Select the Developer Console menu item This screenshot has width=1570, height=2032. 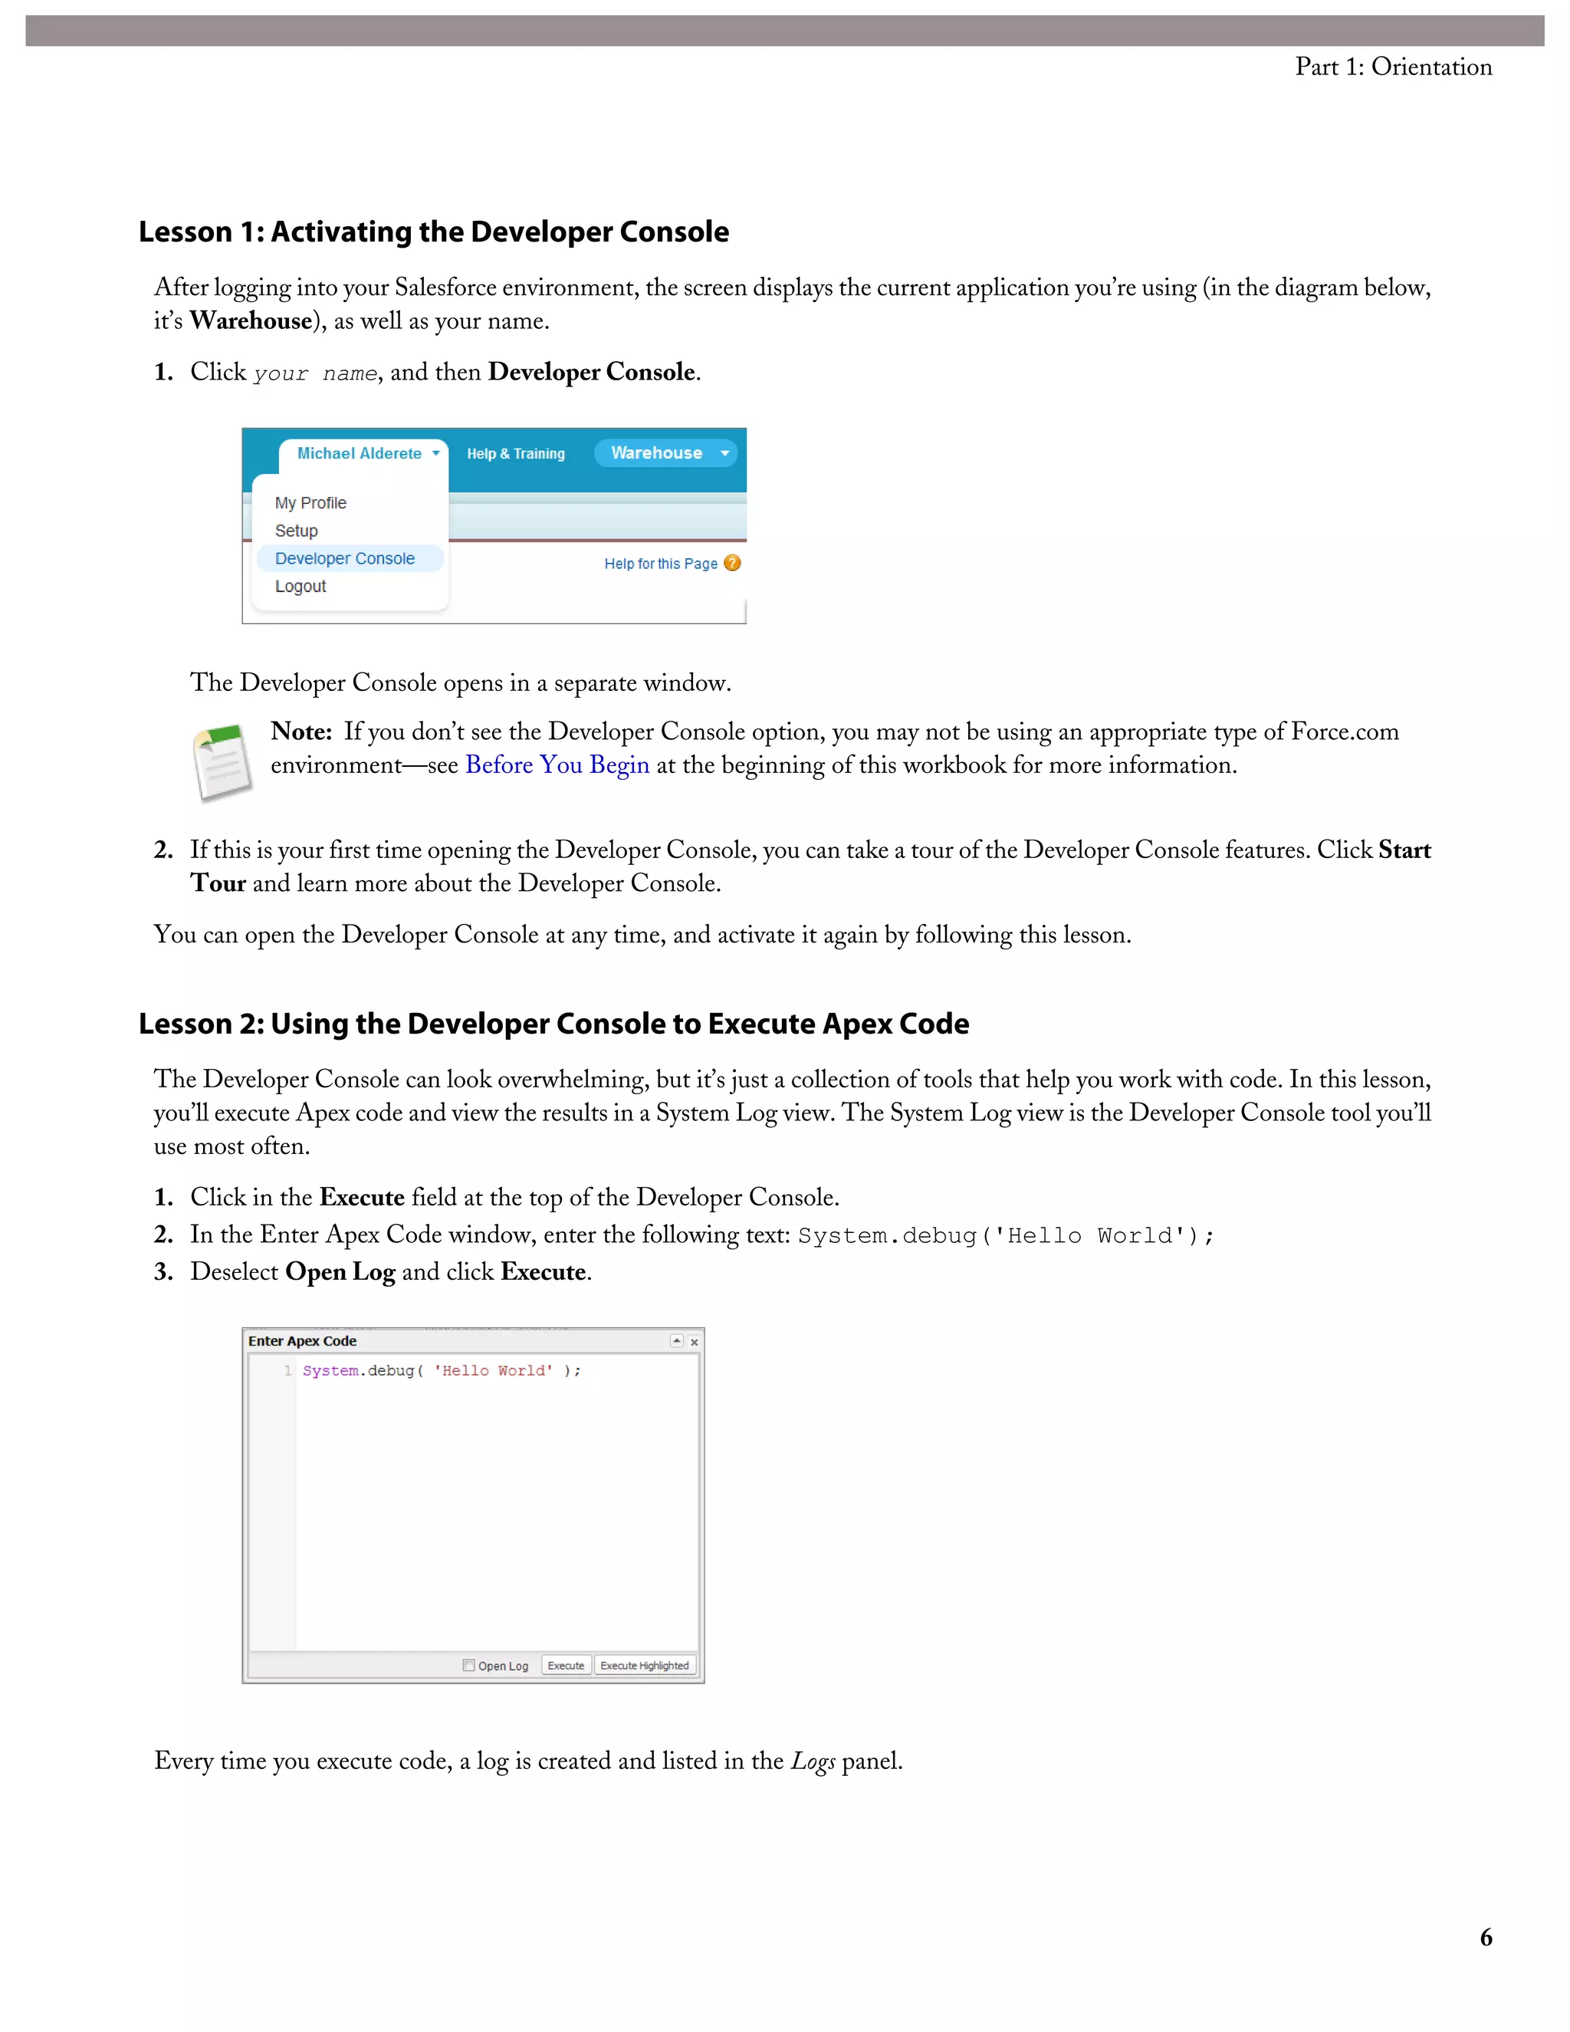pyautogui.click(x=344, y=558)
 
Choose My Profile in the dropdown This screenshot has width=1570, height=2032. pyautogui.click(x=310, y=502)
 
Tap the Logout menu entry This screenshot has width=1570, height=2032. pyautogui.click(x=300, y=586)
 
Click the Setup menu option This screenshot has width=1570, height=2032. pyautogui.click(x=296, y=531)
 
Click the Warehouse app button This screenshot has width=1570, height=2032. pyautogui.click(x=664, y=453)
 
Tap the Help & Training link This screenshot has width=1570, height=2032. pyautogui.click(x=515, y=454)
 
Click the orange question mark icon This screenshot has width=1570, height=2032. pyautogui.click(x=733, y=563)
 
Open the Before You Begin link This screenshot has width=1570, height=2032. pyautogui.click(x=557, y=764)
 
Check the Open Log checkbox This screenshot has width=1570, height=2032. pyautogui.click(x=468, y=1665)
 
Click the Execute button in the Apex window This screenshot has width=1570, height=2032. pyautogui.click(x=566, y=1665)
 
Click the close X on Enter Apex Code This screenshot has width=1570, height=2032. pyautogui.click(x=694, y=1342)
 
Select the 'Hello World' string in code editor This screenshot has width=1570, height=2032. pyautogui.click(x=493, y=1370)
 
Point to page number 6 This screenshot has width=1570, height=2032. pyautogui.click(x=1486, y=1937)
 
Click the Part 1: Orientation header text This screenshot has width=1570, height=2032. pyautogui.click(x=1392, y=67)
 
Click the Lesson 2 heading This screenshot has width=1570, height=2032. pyautogui.click(x=553, y=1024)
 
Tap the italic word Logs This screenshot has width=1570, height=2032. pyautogui.click(x=812, y=1761)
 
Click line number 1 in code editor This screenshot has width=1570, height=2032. pyautogui.click(x=287, y=1370)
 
